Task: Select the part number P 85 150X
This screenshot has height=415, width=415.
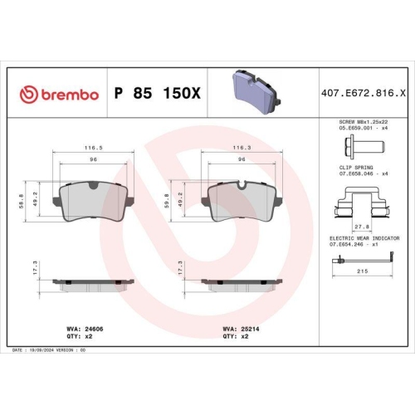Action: point(156,95)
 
